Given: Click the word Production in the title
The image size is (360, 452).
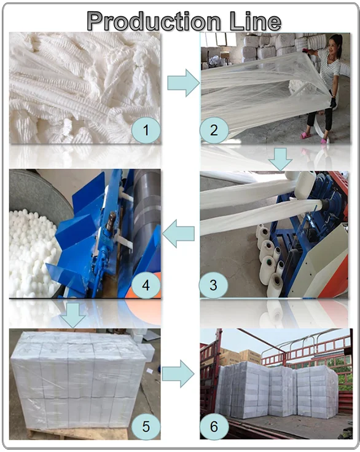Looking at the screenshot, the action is click(x=154, y=21).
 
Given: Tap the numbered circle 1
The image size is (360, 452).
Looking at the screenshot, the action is click(x=146, y=130).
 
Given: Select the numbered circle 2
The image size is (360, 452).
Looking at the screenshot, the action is click(x=214, y=130).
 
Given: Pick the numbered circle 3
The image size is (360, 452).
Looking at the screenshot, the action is click(x=213, y=285).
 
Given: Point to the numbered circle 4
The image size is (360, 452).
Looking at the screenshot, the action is click(x=146, y=285).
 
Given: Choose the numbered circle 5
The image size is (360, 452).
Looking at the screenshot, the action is click(x=146, y=426).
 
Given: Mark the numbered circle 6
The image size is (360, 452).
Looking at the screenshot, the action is click(x=214, y=426).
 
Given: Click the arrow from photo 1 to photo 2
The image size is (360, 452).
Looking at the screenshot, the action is click(x=184, y=83).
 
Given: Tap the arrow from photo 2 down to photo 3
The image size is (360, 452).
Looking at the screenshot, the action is click(x=280, y=159).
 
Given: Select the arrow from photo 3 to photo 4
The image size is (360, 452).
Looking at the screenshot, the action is click(x=179, y=233).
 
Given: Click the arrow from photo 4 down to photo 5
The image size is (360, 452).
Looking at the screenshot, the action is click(x=74, y=315).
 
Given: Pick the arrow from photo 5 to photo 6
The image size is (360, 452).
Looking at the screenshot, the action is click(x=178, y=374).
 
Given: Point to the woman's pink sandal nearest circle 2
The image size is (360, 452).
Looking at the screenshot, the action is click(x=306, y=135).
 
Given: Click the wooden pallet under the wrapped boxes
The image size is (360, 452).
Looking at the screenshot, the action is click(x=78, y=434).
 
